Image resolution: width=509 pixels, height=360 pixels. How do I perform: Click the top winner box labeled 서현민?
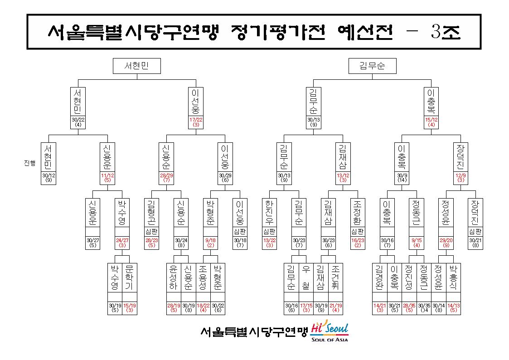(x=137, y=66)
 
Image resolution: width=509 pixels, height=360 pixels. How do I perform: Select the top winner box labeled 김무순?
(x=372, y=66)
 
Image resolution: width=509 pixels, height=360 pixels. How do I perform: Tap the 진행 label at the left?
(x=30, y=163)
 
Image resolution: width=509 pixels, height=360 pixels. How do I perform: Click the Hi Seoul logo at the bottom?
(x=330, y=331)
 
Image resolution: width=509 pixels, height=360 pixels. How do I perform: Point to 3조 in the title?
(x=446, y=31)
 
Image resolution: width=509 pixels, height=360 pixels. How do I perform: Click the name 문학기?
(x=129, y=277)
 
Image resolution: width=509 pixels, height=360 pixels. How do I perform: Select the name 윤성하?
(x=173, y=277)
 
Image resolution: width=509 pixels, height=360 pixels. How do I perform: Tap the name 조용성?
(x=203, y=277)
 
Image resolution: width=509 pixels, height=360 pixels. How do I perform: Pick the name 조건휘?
(x=335, y=277)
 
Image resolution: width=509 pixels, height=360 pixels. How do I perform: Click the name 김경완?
(x=379, y=277)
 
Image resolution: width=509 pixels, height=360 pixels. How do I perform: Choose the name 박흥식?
(x=453, y=277)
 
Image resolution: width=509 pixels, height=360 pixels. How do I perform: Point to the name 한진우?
(x=269, y=213)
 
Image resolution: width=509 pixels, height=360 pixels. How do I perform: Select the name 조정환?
(x=358, y=213)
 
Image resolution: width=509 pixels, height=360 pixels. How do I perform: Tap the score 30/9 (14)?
(x=402, y=178)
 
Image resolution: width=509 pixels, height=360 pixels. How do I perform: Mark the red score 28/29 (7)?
(x=166, y=178)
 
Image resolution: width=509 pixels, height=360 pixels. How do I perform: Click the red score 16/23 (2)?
(x=358, y=243)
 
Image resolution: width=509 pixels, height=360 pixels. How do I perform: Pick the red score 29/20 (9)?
(x=446, y=243)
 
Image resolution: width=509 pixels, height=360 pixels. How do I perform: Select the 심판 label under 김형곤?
(x=151, y=231)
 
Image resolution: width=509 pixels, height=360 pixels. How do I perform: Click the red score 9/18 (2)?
(x=210, y=243)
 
